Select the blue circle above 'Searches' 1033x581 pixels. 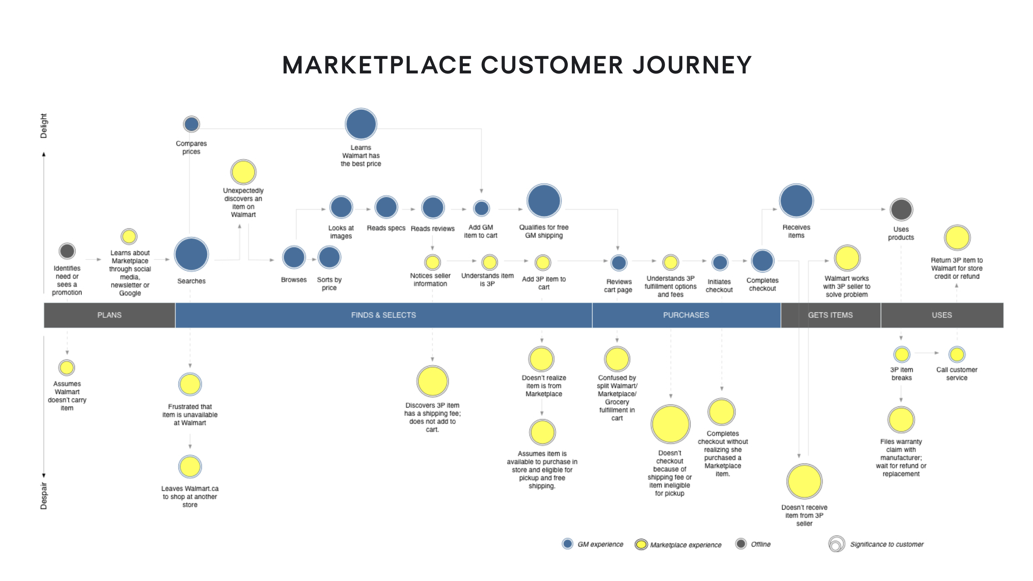(x=191, y=254)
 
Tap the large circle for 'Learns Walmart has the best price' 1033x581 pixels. (x=361, y=124)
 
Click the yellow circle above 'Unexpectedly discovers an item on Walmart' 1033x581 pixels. (x=243, y=172)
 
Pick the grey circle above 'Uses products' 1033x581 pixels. (x=901, y=209)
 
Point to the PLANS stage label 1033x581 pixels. (x=109, y=315)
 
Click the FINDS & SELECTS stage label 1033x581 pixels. (x=383, y=315)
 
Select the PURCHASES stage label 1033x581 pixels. (x=686, y=315)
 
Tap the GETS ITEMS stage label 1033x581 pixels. (x=830, y=315)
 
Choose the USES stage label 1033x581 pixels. (x=942, y=315)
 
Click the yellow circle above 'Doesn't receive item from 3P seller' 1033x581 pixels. (x=804, y=481)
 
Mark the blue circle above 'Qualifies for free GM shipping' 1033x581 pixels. (x=544, y=201)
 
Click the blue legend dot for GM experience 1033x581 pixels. (x=568, y=544)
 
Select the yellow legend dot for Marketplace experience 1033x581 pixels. (x=641, y=545)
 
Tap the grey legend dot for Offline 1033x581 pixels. (x=741, y=544)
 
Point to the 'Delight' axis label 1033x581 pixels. (x=44, y=126)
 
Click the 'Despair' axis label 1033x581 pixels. (x=44, y=496)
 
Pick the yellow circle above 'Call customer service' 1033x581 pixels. (x=957, y=354)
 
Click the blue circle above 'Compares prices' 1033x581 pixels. (x=191, y=124)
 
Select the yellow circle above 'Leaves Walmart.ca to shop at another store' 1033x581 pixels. (x=190, y=467)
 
